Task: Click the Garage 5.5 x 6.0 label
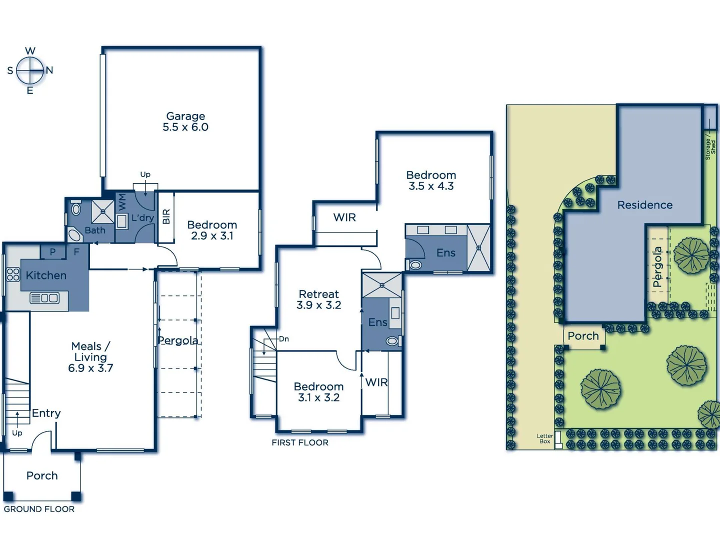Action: (185, 121)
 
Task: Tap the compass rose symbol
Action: (30, 70)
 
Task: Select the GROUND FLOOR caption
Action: (39, 509)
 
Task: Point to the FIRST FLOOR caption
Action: (300, 442)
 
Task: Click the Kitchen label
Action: (46, 275)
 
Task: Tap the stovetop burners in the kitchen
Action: (13, 274)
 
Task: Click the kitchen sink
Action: (44, 298)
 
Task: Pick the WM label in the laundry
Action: (122, 202)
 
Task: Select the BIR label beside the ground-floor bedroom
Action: (166, 216)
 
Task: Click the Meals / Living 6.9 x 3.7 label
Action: (90, 357)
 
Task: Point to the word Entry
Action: (46, 413)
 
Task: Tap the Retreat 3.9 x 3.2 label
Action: (319, 299)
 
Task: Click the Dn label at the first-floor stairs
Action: (284, 339)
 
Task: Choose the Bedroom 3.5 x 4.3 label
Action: (431, 180)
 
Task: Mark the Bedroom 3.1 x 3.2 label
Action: (318, 392)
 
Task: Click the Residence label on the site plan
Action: (645, 205)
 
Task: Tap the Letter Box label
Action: (544, 438)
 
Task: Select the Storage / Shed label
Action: (710, 147)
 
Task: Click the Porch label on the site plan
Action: (583, 336)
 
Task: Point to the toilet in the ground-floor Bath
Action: (76, 208)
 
